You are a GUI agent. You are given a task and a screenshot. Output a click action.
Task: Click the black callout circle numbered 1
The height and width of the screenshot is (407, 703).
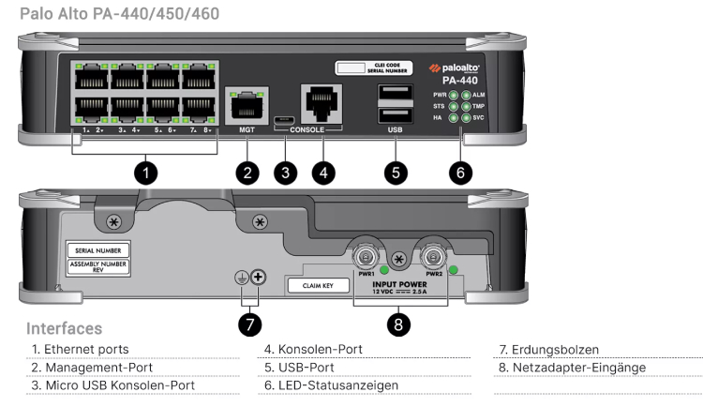coord(144,172)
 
